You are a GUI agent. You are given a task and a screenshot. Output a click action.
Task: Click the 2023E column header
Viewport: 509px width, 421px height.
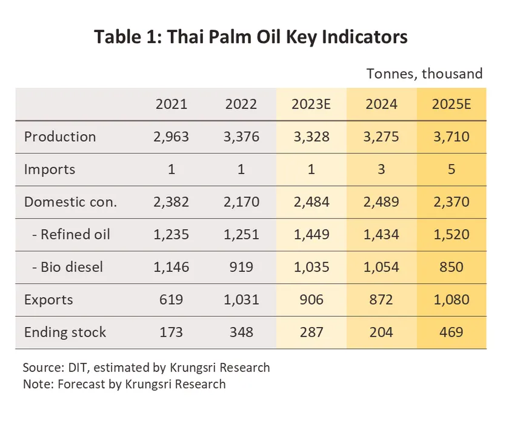tap(311, 104)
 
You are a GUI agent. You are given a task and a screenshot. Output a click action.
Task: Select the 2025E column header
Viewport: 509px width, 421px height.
tap(451, 104)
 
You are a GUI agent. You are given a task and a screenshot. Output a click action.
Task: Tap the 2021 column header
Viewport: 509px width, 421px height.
tap(171, 104)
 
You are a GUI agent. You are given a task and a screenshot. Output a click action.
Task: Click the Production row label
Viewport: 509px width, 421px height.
tap(60, 136)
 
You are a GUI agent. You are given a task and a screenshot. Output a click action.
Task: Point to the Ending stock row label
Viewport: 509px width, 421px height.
tap(65, 332)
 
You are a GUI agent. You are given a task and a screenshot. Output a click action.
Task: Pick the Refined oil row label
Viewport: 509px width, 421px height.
tap(71, 234)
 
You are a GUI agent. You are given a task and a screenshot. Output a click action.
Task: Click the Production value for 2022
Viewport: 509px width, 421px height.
tap(242, 136)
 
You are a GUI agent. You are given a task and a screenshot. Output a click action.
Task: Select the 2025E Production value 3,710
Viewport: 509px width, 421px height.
tap(451, 136)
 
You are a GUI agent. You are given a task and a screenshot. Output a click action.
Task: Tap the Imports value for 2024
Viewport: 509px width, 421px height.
tap(381, 169)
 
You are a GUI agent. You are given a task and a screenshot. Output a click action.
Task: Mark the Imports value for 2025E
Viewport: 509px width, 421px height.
tap(451, 169)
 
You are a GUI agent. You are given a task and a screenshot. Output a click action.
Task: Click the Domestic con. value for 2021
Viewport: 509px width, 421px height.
tap(171, 202)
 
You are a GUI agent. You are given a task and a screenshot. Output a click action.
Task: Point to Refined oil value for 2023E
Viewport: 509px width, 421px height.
tap(311, 234)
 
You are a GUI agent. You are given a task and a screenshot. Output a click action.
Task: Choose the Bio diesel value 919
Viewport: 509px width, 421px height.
tap(242, 267)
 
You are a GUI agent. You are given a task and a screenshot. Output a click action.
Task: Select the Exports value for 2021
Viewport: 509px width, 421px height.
tap(171, 299)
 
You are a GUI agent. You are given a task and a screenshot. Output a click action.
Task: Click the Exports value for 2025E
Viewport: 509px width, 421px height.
tap(451, 299)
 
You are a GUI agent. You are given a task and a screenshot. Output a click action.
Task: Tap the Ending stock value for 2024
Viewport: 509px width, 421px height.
tap(381, 332)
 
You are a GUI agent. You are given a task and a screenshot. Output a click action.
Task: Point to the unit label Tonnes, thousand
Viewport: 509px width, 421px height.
tap(425, 74)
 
